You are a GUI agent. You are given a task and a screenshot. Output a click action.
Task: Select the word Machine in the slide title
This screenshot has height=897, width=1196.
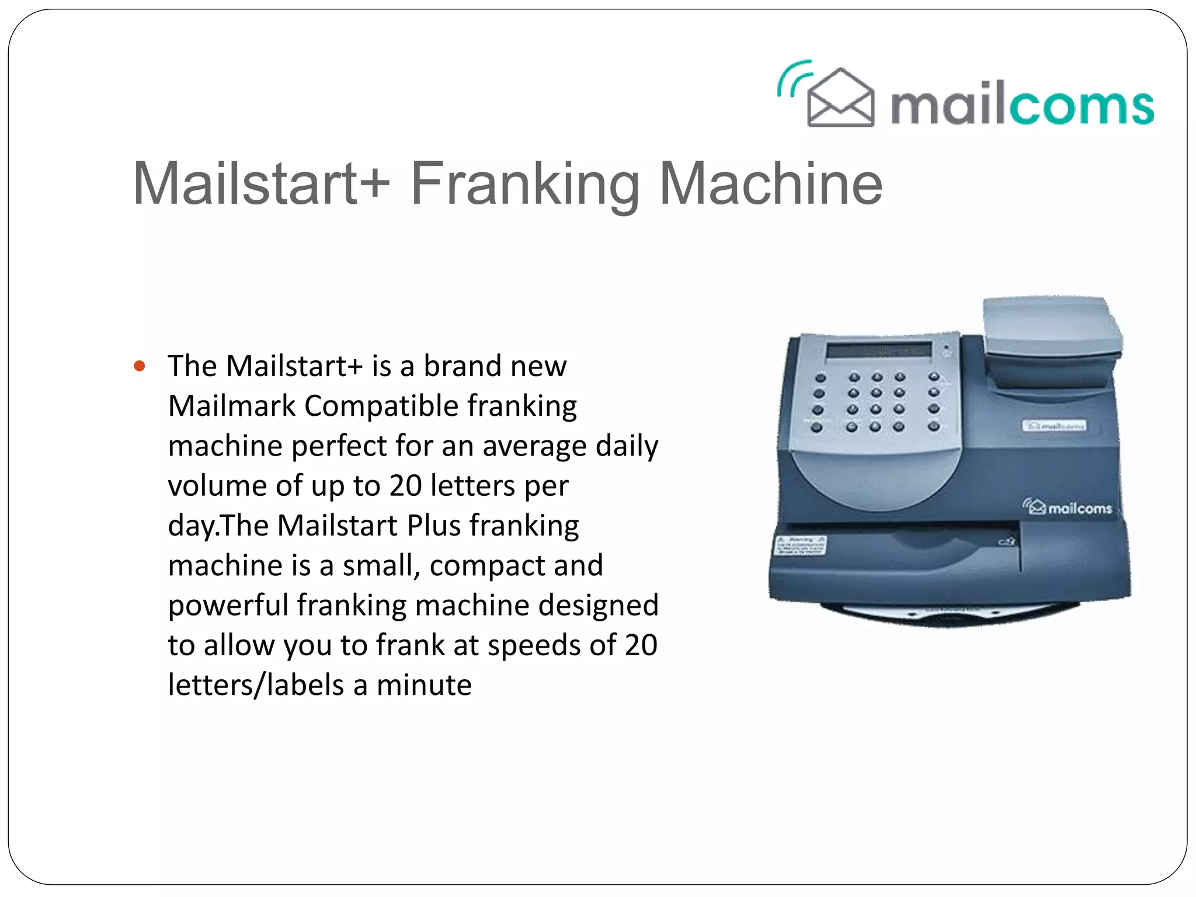(770, 184)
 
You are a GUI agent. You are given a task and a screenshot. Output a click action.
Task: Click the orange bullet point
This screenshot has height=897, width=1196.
(139, 367)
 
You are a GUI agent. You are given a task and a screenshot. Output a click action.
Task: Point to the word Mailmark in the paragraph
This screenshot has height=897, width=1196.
(231, 406)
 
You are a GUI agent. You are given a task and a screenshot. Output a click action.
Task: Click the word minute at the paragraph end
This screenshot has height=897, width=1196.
(424, 685)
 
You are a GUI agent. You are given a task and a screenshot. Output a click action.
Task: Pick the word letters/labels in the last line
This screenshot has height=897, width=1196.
(256, 685)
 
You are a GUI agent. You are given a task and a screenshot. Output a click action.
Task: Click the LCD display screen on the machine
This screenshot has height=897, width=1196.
(878, 350)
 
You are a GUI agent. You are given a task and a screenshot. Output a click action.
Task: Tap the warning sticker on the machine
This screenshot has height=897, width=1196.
(800, 545)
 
